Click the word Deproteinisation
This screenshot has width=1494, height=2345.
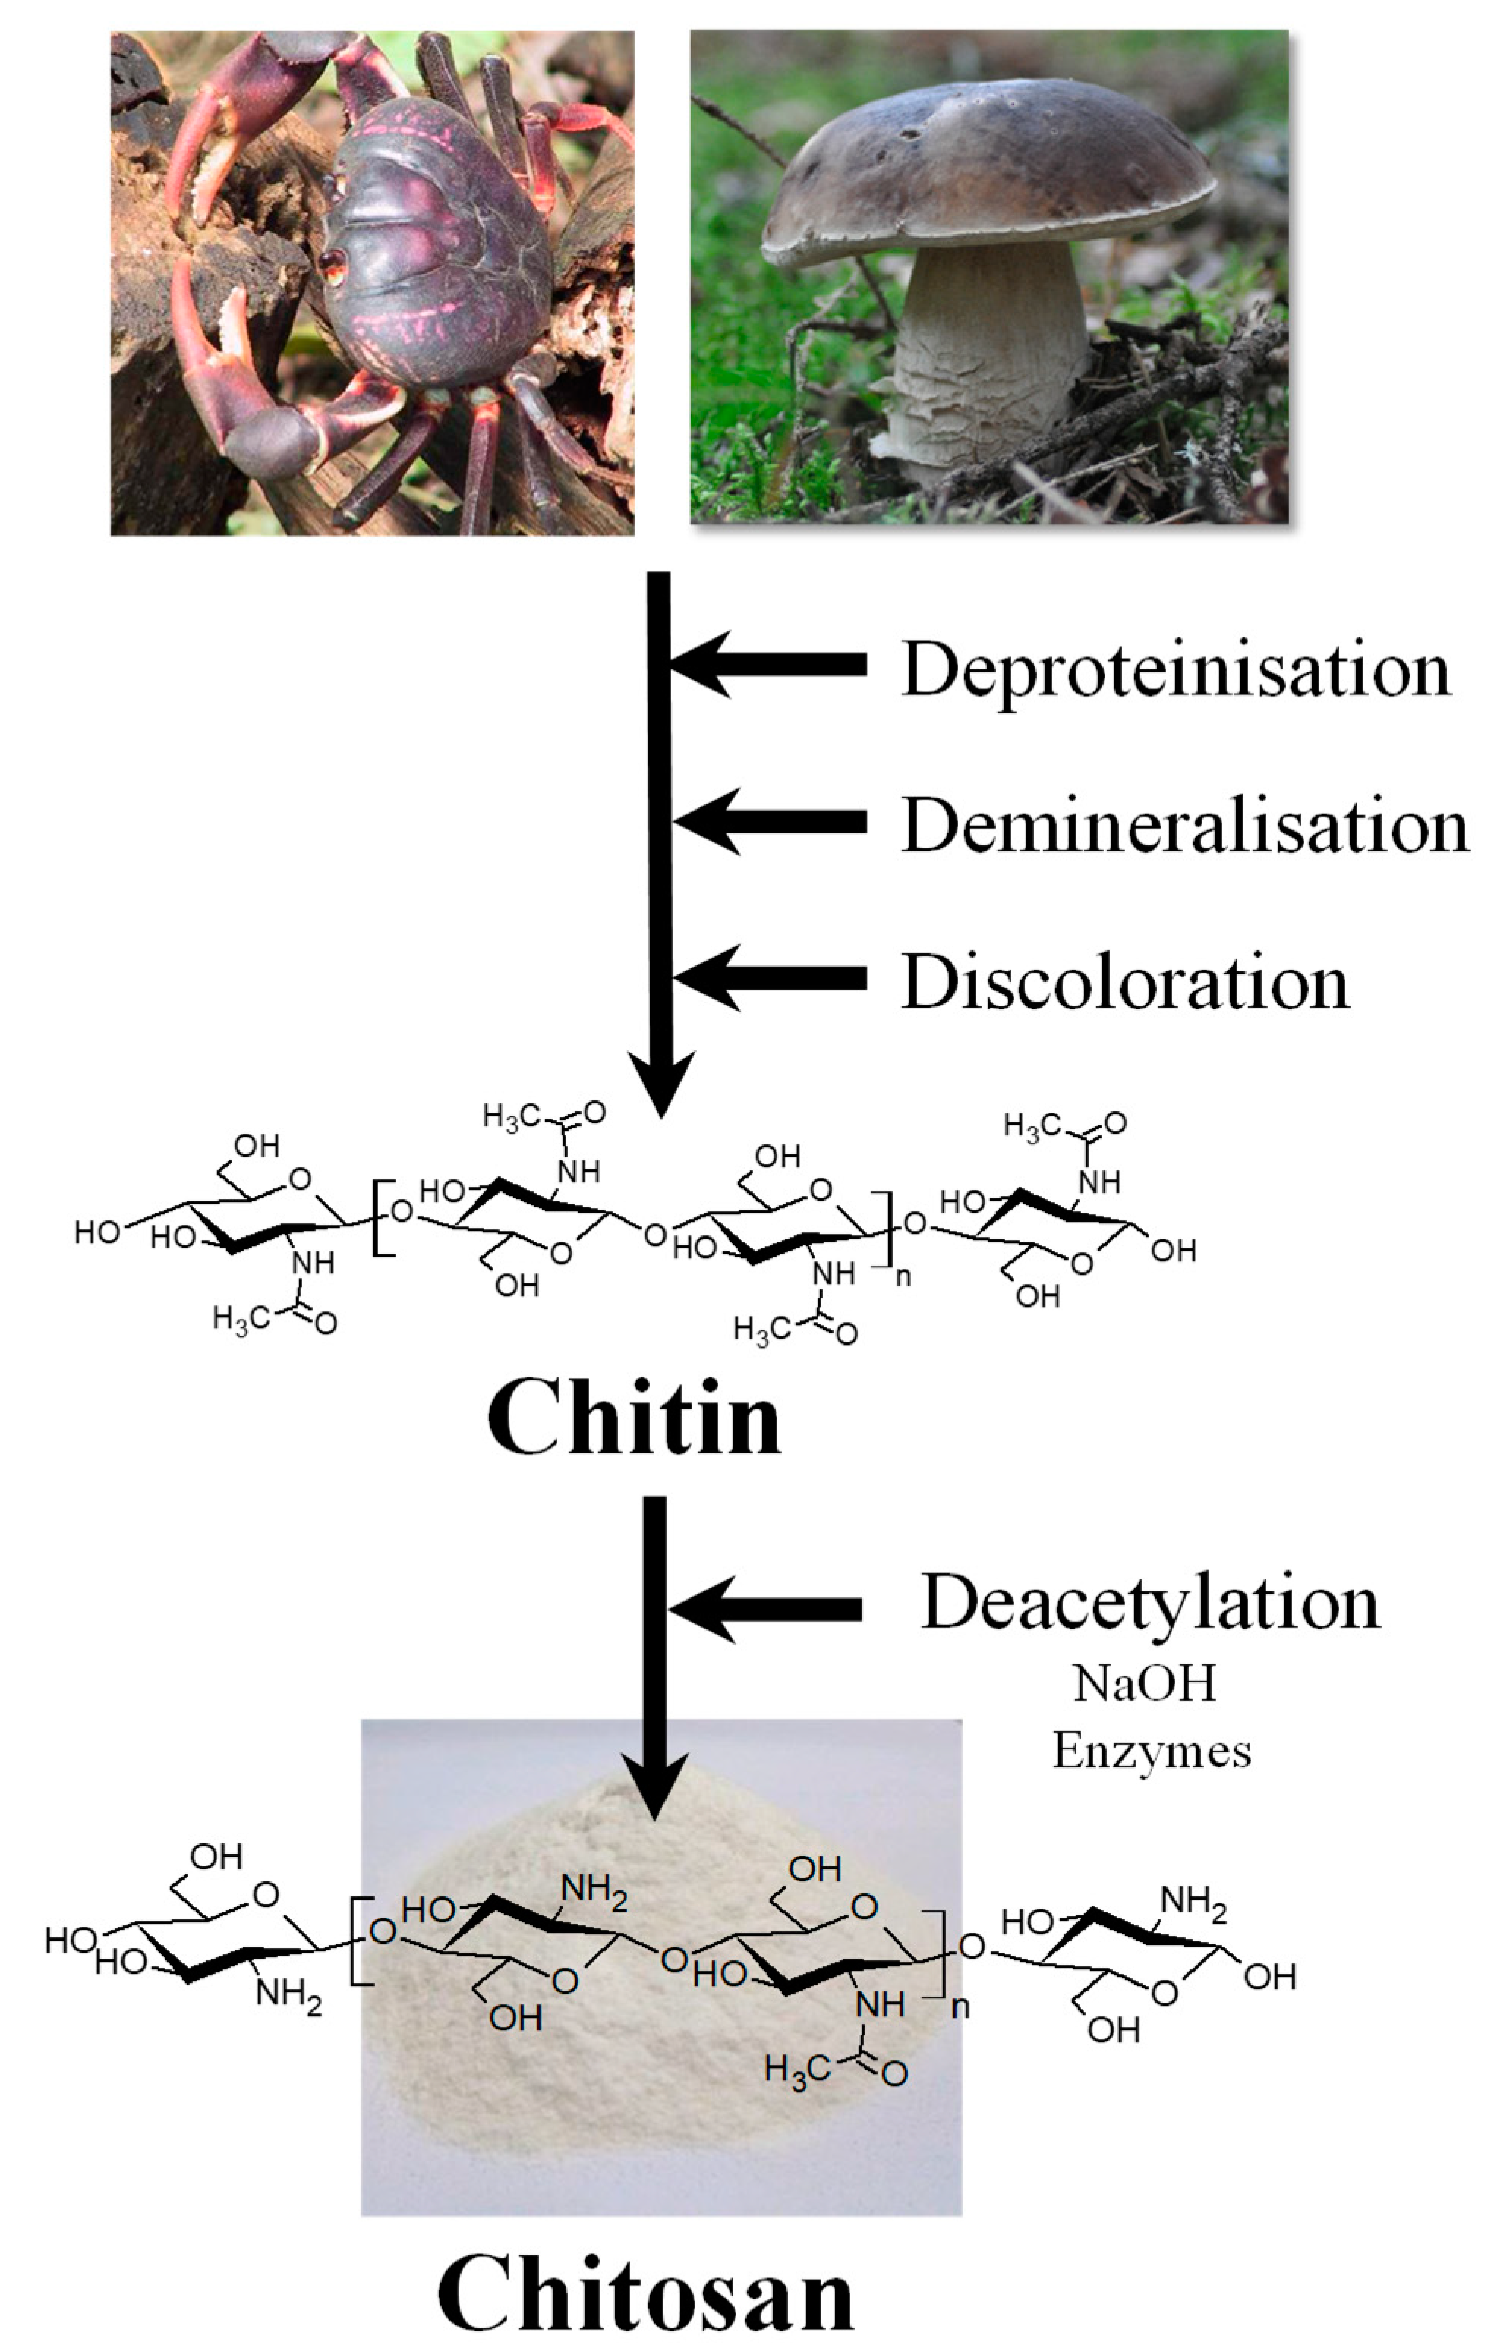[1175, 670]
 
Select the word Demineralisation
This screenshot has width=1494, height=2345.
[1184, 826]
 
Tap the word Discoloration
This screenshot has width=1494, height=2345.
[1125, 981]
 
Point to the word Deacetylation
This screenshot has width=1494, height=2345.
[1150, 1601]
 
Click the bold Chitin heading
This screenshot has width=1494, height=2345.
[634, 1419]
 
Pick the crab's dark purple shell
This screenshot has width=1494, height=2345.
[438, 253]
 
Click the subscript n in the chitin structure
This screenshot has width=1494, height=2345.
[903, 1276]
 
